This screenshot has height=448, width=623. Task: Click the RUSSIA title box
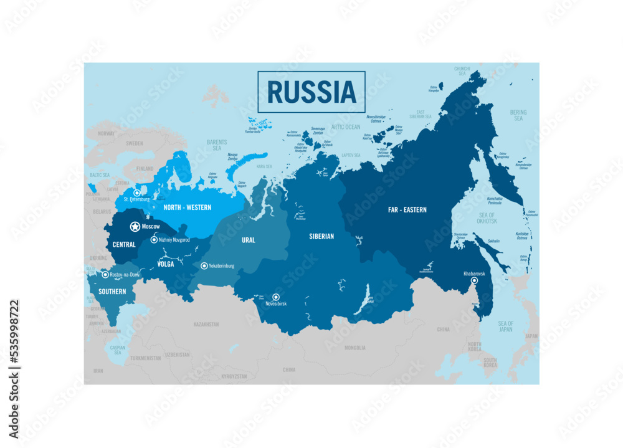click(311, 92)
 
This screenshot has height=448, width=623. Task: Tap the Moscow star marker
click(135, 227)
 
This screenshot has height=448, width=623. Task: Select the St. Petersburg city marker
click(136, 193)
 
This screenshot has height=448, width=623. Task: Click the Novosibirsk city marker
click(276, 297)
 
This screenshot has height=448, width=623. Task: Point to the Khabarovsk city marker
click(473, 281)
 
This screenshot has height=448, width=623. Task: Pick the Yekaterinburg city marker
click(204, 266)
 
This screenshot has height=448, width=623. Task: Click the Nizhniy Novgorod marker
click(154, 240)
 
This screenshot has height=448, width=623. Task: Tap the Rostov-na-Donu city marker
click(105, 275)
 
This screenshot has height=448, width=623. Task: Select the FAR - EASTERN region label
click(407, 210)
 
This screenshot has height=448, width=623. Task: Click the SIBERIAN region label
click(321, 237)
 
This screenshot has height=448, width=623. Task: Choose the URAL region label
click(249, 240)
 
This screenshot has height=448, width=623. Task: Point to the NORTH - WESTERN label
click(187, 207)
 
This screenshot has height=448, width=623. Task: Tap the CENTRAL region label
click(123, 245)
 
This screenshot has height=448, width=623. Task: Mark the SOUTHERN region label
click(112, 292)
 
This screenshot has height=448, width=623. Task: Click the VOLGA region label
click(165, 264)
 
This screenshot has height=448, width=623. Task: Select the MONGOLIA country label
click(355, 348)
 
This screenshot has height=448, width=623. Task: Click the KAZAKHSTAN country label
click(206, 325)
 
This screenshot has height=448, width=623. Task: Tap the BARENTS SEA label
click(217, 145)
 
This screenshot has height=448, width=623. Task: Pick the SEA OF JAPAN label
click(505, 326)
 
